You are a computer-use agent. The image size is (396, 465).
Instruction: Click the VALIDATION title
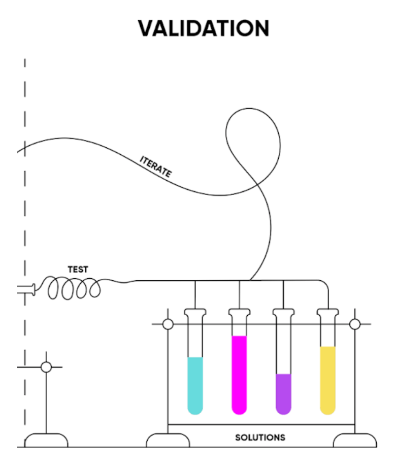coord(203,28)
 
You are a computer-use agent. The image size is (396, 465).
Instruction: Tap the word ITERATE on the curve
coord(155,167)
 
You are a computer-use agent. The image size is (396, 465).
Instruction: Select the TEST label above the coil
coord(78,270)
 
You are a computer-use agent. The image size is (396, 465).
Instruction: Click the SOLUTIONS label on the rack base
coord(260,437)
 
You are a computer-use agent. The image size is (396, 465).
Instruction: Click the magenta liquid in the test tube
coord(239,373)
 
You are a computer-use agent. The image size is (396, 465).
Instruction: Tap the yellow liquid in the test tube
coord(327,378)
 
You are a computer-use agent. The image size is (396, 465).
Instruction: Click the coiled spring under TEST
coord(74,290)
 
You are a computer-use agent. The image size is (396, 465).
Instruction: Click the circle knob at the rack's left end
coord(168,324)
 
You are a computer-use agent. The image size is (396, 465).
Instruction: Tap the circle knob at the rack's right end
coord(355,324)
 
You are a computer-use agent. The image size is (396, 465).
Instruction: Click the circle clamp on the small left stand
coord(46,367)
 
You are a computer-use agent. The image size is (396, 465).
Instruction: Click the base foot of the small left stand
coord(46,440)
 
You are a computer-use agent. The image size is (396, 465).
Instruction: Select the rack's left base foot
coord(168,440)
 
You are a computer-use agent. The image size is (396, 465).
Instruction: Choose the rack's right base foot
coord(355,440)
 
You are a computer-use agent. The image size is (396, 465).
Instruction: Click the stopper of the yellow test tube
coord(327,314)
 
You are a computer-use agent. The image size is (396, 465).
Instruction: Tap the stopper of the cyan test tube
coord(195,314)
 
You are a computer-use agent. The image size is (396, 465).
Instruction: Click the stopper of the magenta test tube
coord(239,314)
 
